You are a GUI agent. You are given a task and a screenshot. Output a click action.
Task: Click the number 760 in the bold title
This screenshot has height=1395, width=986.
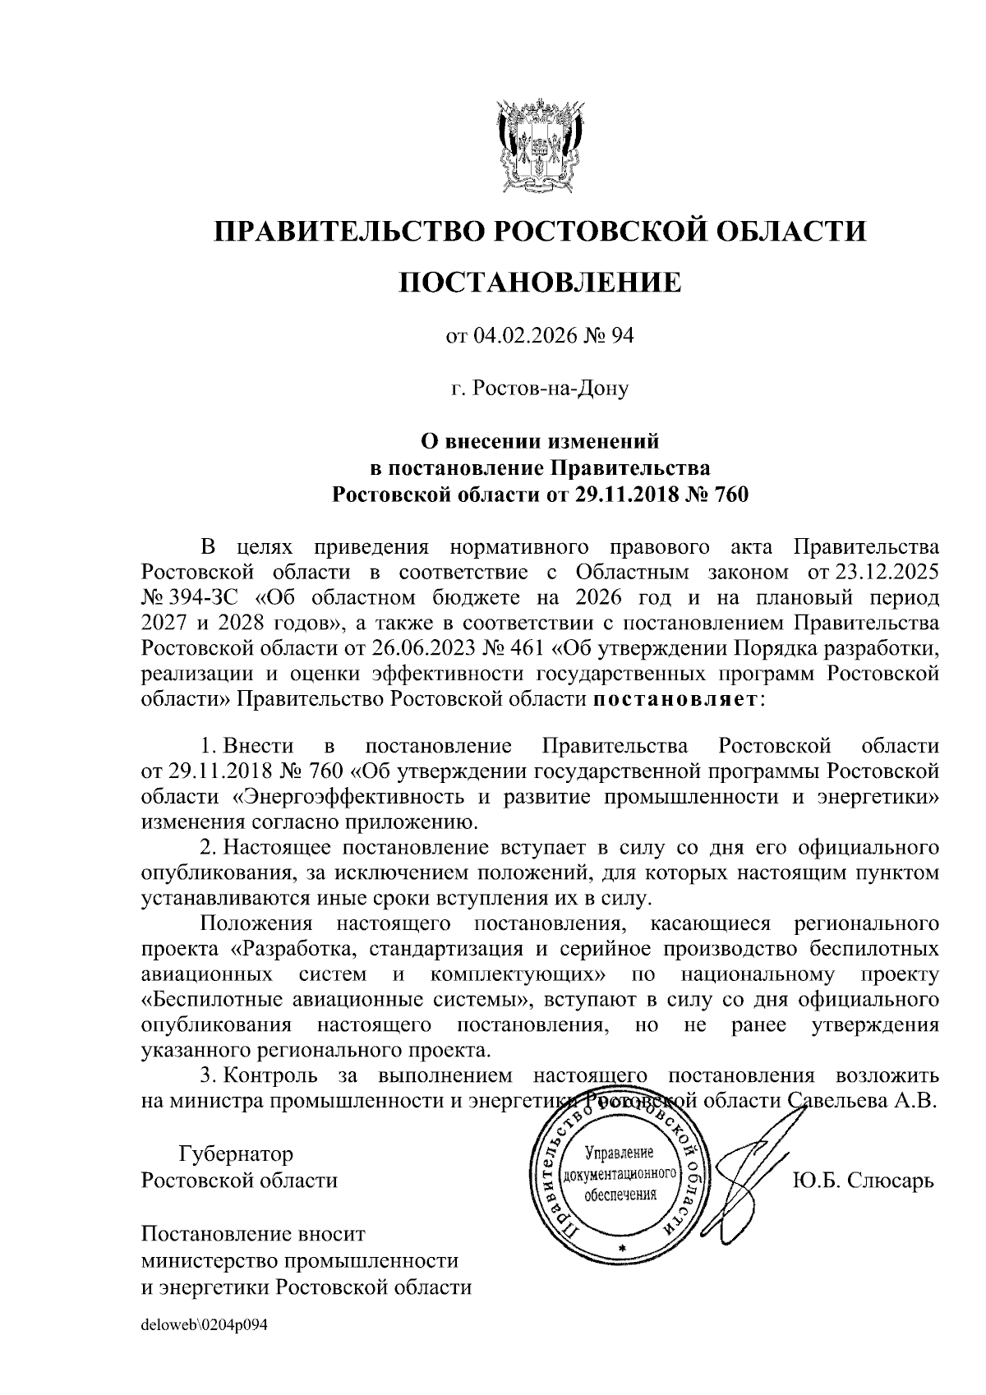tap(730, 494)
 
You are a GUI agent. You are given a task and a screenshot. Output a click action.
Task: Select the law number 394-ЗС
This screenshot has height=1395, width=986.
tap(204, 596)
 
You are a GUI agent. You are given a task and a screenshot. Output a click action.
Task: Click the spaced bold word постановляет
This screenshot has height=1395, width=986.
tap(676, 699)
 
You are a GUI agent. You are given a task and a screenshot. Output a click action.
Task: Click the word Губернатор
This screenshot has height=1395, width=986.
tap(236, 1155)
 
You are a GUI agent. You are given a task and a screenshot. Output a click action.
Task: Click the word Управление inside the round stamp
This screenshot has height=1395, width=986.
tap(619, 1153)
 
